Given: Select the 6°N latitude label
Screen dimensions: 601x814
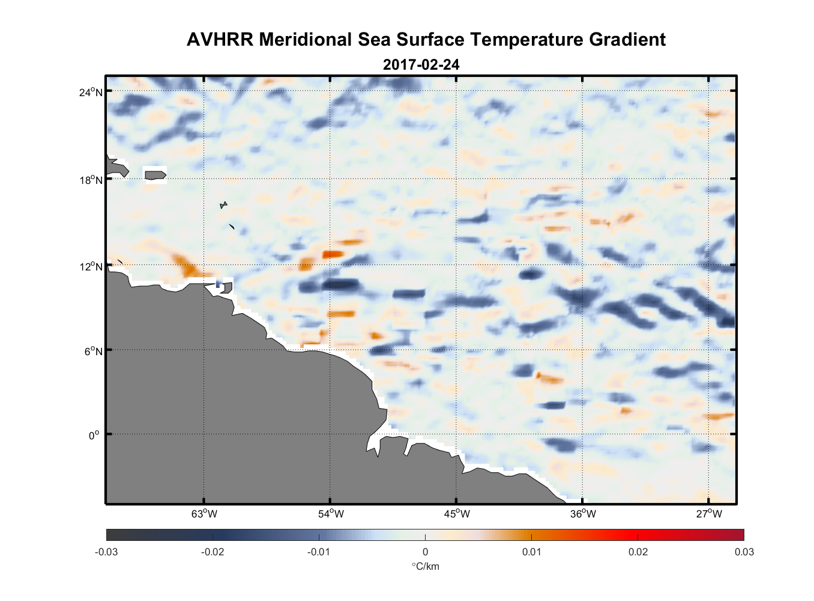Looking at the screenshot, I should point(94,351).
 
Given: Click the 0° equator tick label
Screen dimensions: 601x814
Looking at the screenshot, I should point(94,435).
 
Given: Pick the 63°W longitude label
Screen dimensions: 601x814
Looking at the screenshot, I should point(205,514).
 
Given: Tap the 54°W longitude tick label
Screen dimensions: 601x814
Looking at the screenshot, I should point(331,514).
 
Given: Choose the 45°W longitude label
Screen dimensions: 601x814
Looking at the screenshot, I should point(457,514).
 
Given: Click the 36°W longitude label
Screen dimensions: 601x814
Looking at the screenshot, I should point(583,514).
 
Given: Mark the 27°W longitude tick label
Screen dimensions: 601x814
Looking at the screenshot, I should point(709,514).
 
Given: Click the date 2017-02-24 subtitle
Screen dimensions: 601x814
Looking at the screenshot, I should point(421,64).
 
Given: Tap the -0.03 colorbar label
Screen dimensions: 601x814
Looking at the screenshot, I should point(106,552).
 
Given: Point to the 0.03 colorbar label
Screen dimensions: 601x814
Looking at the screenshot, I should point(744,552).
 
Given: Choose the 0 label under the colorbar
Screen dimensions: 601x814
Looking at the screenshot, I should point(425,552).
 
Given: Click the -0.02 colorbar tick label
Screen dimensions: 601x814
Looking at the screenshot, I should point(213,552).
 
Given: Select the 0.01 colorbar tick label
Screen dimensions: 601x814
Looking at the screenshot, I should point(531,552).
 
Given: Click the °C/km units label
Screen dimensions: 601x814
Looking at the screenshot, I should point(425,566).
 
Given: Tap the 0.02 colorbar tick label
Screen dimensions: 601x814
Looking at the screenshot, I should point(638,552).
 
